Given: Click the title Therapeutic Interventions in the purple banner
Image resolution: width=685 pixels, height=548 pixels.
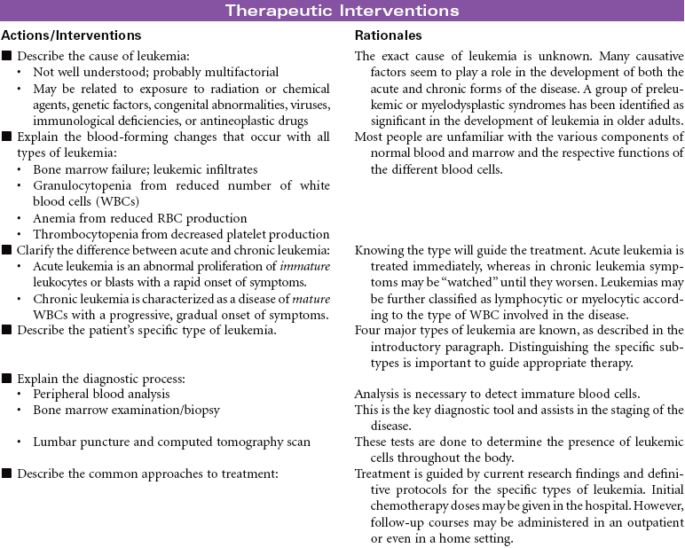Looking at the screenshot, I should pyautogui.click(x=342, y=11).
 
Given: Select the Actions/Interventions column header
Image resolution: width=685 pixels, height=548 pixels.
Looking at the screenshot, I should pyautogui.click(x=71, y=35).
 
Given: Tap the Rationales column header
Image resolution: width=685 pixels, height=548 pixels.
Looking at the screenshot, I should pyautogui.click(x=389, y=35).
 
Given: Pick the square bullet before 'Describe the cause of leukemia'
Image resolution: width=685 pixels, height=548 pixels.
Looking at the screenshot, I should pyautogui.click(x=7, y=57).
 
